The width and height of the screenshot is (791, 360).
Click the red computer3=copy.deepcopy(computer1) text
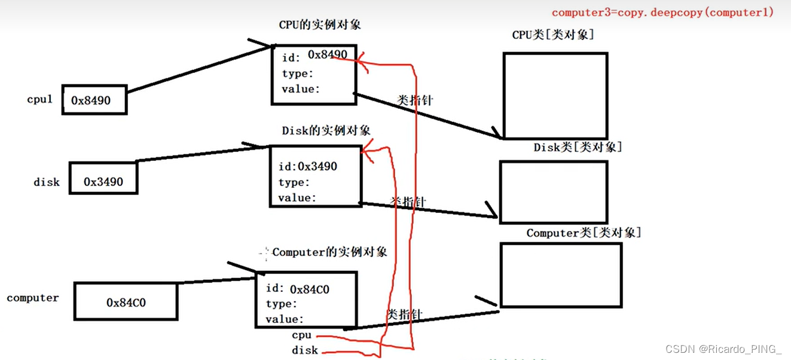point(662,12)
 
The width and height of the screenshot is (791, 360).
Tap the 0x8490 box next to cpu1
point(94,100)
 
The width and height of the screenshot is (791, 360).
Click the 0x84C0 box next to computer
point(126,302)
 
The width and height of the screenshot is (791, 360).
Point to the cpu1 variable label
point(40,99)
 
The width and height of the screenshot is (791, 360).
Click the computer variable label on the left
point(33,298)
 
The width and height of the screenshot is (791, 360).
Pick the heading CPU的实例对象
point(320,25)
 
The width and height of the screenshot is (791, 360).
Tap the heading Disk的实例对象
point(326,130)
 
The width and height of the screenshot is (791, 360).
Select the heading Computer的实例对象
point(329,252)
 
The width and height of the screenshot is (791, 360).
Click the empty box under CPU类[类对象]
point(555,95)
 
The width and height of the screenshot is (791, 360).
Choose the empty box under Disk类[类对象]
point(553,192)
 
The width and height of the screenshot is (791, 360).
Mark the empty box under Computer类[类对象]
point(561,274)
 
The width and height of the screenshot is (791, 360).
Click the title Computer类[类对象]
point(584,233)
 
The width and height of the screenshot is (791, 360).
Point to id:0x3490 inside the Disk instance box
point(308,166)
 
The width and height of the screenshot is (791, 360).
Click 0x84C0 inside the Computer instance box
point(310,289)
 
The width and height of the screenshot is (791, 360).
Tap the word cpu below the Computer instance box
point(302,335)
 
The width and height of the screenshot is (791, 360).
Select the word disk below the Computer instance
point(305,350)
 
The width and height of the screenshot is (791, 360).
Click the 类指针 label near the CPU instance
point(415,100)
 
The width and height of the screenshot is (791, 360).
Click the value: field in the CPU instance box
point(301,89)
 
